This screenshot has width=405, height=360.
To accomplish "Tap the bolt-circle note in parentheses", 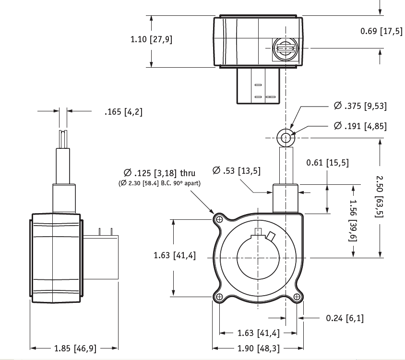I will tap(159, 183).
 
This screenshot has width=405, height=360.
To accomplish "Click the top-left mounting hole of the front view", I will tap(219, 219).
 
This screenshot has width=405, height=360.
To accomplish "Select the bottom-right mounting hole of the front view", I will tap(297, 297).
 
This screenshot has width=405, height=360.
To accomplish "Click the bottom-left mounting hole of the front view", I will tap(219, 297).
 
